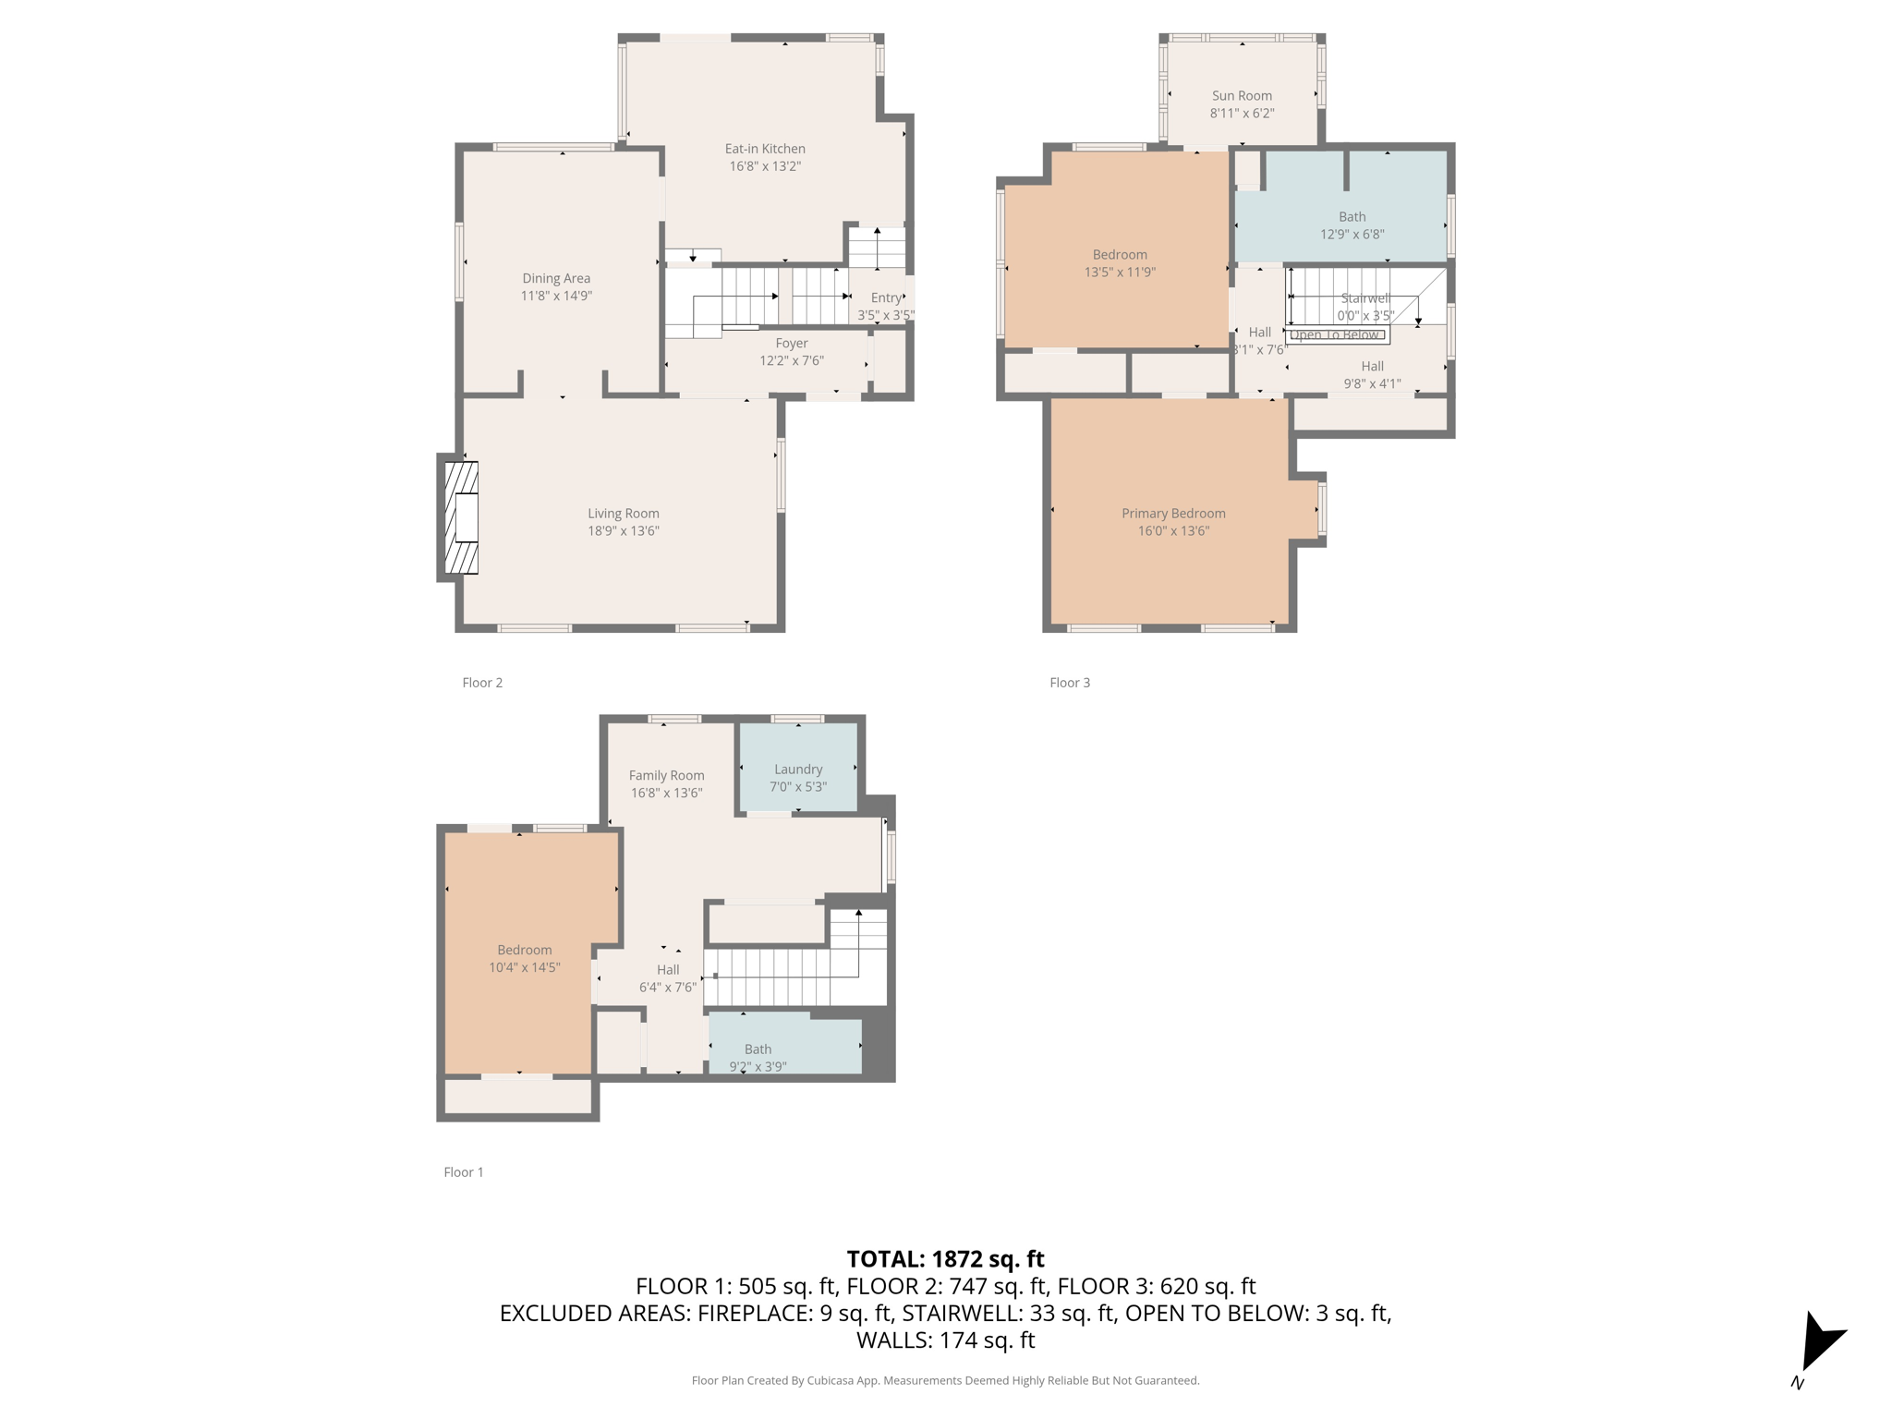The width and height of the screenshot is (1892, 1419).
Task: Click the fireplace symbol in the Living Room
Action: (462, 517)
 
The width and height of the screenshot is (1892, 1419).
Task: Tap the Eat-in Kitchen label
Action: (764, 149)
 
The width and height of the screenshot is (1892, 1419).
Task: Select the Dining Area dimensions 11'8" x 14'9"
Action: (556, 296)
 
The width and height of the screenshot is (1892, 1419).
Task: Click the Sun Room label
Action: (1242, 96)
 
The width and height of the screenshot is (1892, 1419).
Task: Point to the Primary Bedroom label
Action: (1173, 514)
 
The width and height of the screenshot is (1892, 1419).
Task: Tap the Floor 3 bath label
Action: (1352, 217)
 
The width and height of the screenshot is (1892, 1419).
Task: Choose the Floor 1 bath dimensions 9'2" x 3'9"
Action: (758, 1067)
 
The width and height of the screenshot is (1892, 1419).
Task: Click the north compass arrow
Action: (1818, 1344)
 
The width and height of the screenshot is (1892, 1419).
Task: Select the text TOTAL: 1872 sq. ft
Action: (945, 1259)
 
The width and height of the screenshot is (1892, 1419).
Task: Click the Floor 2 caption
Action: (482, 683)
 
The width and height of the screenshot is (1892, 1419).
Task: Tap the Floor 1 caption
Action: (464, 1172)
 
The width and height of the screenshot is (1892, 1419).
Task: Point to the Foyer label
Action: (792, 344)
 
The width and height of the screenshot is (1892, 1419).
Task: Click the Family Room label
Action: (666, 776)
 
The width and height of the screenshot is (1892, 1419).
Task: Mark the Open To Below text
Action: (1334, 335)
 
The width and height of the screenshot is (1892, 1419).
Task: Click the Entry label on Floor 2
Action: (886, 297)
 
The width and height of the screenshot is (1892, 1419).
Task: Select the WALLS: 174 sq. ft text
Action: (945, 1340)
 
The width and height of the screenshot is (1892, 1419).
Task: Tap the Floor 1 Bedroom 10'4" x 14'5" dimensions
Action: (525, 967)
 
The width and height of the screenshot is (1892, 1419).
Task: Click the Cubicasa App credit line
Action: (945, 1380)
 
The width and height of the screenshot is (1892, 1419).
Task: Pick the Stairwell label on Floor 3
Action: (1364, 298)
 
